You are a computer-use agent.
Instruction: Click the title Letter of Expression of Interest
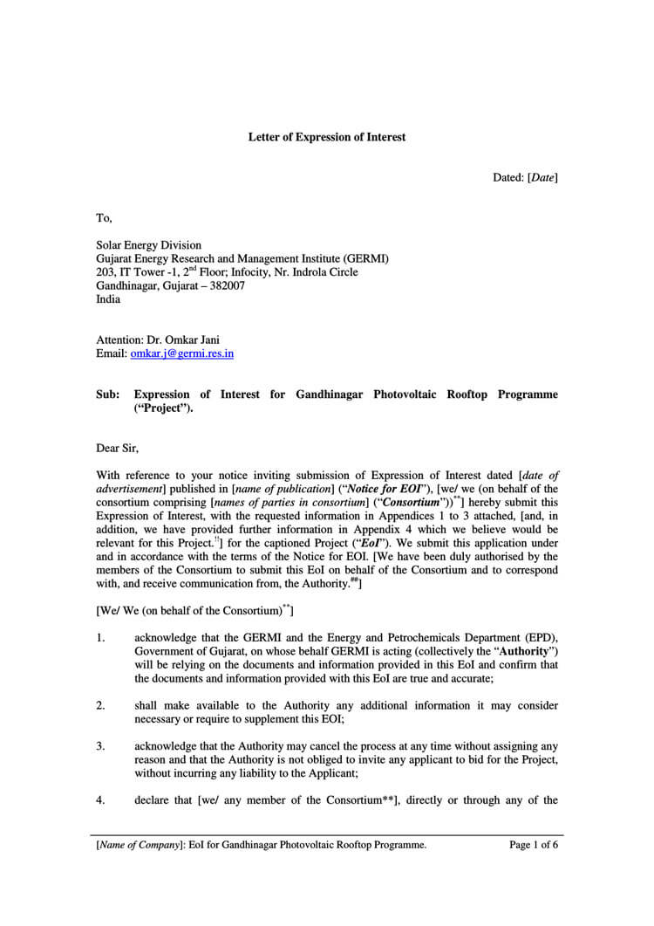tap(327, 137)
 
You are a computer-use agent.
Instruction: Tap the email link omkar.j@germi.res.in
tap(182, 353)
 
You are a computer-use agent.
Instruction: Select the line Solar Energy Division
tap(148, 245)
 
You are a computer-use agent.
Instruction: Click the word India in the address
tap(109, 298)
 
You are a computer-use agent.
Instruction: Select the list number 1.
tap(100, 638)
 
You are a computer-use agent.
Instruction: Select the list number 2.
tap(100, 705)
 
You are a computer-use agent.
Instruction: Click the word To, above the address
tap(104, 218)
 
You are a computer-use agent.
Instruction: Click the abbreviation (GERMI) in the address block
tap(360, 258)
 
